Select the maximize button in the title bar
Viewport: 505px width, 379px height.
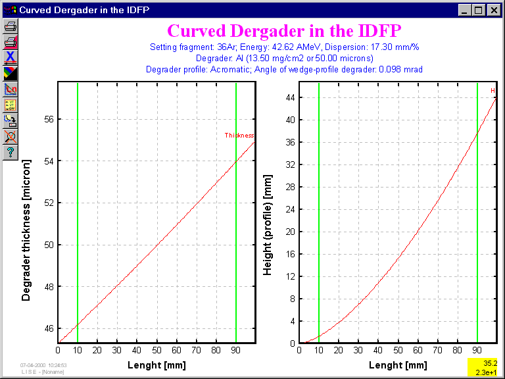(x=479, y=10)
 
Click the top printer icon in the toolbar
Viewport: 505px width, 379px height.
(x=11, y=26)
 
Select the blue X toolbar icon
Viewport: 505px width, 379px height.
(x=11, y=58)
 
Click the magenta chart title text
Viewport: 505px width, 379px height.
(x=284, y=31)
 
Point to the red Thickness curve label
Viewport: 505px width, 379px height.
(x=239, y=136)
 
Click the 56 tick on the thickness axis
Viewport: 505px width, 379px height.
(x=47, y=119)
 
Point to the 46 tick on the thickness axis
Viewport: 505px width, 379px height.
(x=47, y=328)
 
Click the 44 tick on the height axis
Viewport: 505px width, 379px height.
(x=289, y=97)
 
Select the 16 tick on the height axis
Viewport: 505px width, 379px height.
(x=289, y=254)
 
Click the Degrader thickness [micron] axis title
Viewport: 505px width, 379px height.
(x=26, y=230)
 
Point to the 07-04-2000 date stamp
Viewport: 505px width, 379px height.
(x=43, y=365)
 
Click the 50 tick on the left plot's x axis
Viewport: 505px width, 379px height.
(x=156, y=350)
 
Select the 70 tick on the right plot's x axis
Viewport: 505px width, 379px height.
(x=437, y=350)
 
